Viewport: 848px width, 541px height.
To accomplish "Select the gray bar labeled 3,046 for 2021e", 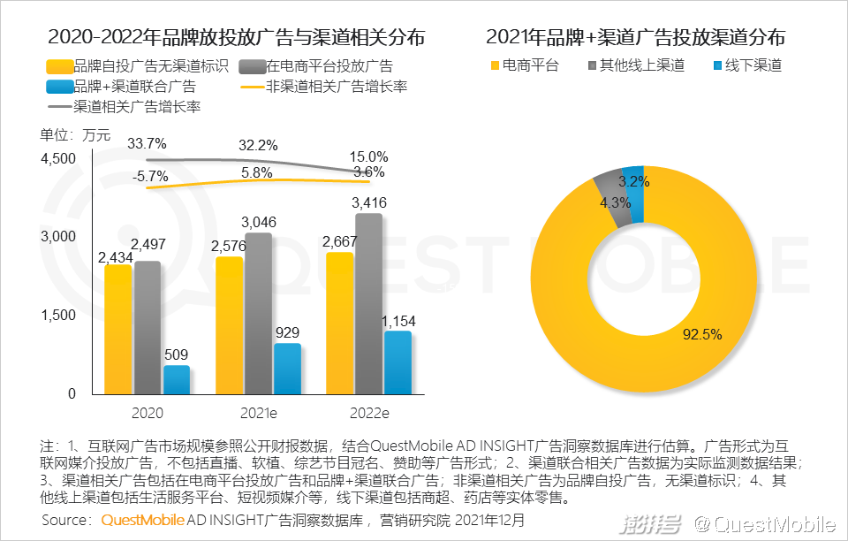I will point(259,313).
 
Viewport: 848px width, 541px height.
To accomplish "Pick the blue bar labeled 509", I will point(177,379).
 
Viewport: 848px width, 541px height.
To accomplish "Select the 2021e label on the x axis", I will point(259,412).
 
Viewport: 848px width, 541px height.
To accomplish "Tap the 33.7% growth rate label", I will point(147,143).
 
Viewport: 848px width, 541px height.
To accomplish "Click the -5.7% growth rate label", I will point(150,177).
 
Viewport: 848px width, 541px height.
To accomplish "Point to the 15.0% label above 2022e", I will point(369,156).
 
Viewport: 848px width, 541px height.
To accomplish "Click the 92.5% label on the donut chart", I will point(702,334).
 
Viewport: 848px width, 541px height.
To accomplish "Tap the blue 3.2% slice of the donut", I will point(633,179).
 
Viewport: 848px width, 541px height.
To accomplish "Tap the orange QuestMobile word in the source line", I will point(142,520).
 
